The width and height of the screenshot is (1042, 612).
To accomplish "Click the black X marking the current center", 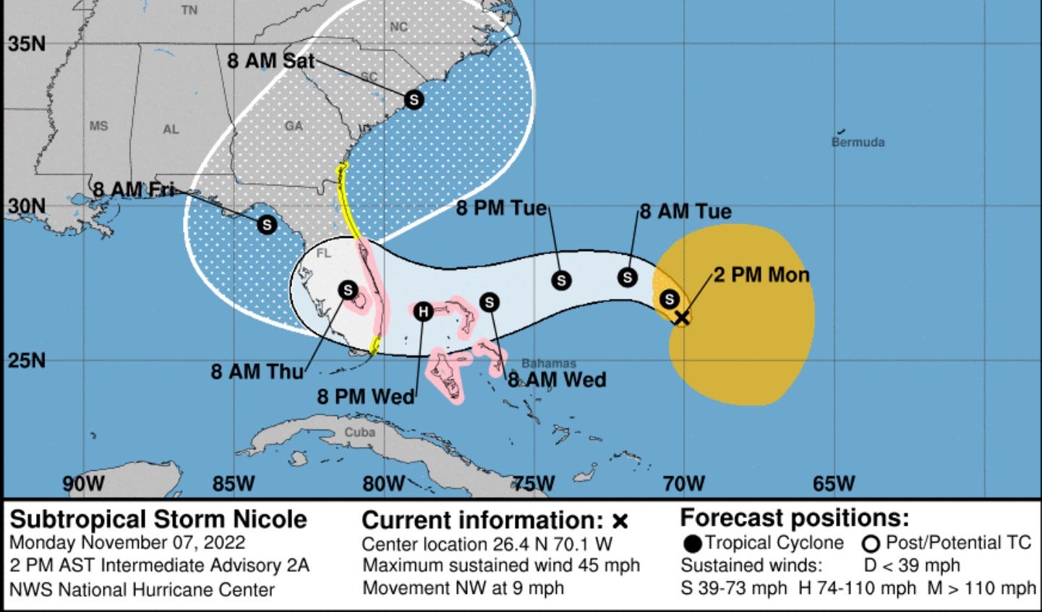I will click(681, 317).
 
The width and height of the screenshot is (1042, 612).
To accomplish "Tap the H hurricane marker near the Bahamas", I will click(423, 311).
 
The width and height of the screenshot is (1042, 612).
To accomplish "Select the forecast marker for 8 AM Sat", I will click(414, 98).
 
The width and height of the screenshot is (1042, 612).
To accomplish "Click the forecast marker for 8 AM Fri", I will click(267, 224).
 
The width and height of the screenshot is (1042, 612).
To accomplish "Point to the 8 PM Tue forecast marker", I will click(561, 280).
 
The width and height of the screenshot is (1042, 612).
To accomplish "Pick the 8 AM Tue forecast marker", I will click(628, 276).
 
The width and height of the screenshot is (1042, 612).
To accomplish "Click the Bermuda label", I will click(858, 143).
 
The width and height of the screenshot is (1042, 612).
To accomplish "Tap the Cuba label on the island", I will click(359, 433).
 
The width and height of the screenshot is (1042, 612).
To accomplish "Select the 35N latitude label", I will click(27, 43).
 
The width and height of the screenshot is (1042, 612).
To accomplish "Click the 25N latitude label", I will click(27, 360).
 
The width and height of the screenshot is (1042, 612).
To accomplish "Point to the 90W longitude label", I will click(83, 483).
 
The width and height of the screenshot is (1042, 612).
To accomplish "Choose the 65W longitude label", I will click(834, 483).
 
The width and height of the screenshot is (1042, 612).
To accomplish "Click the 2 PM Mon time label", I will click(761, 275).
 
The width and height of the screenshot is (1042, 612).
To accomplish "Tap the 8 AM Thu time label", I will click(257, 372).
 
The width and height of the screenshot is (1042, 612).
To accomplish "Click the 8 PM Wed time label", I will click(366, 396).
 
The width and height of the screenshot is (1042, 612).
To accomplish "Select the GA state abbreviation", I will click(294, 126).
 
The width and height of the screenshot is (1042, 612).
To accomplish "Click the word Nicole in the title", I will click(270, 519).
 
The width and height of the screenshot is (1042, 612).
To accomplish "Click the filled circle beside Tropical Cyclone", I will click(692, 543).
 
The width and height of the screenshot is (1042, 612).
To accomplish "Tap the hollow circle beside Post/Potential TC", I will click(871, 543).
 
